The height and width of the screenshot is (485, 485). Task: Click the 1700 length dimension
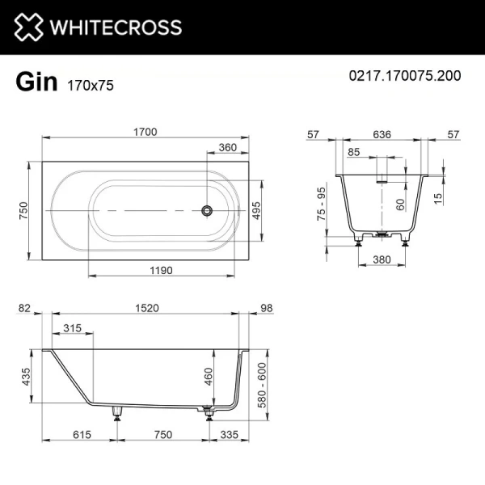pos(145,133)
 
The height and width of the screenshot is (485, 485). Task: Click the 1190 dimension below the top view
pos(162,271)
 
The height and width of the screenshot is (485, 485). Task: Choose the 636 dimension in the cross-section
pos(385,135)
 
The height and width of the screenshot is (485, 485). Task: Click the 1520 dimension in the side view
pos(145,308)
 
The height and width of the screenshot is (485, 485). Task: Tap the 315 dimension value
pos(73,327)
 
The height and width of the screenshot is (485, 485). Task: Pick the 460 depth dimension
pos(210,376)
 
